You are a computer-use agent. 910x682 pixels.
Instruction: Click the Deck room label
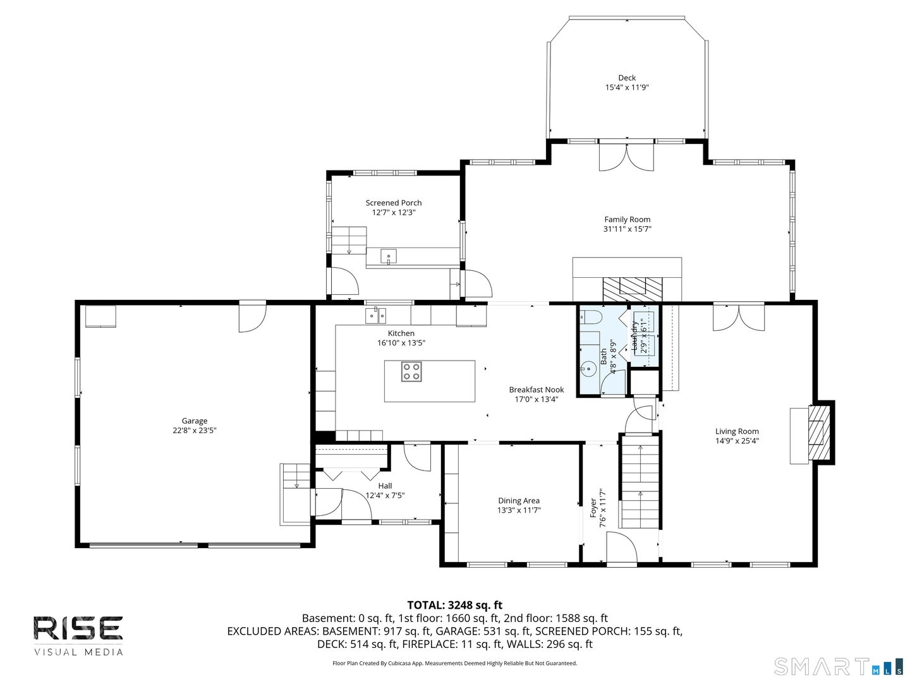[626, 78]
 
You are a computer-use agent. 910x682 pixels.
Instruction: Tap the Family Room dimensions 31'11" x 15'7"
[627, 229]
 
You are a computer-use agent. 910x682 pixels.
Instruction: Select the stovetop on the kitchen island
[411, 371]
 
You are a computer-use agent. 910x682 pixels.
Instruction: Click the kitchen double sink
[375, 314]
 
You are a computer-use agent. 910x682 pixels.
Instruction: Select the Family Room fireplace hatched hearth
[633, 289]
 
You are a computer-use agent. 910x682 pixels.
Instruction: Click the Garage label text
[195, 421]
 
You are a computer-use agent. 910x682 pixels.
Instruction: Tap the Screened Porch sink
[389, 256]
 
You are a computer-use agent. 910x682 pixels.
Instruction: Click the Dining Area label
[518, 501]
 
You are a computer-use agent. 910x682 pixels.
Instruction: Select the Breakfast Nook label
[536, 390]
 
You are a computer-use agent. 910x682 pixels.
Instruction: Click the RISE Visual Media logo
[78, 635]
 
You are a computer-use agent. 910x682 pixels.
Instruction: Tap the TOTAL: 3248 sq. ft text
[454, 605]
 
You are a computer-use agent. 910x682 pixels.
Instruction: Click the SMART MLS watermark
[837, 667]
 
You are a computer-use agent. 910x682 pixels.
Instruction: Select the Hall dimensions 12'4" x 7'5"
[385, 496]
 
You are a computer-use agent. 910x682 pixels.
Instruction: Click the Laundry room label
[634, 336]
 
